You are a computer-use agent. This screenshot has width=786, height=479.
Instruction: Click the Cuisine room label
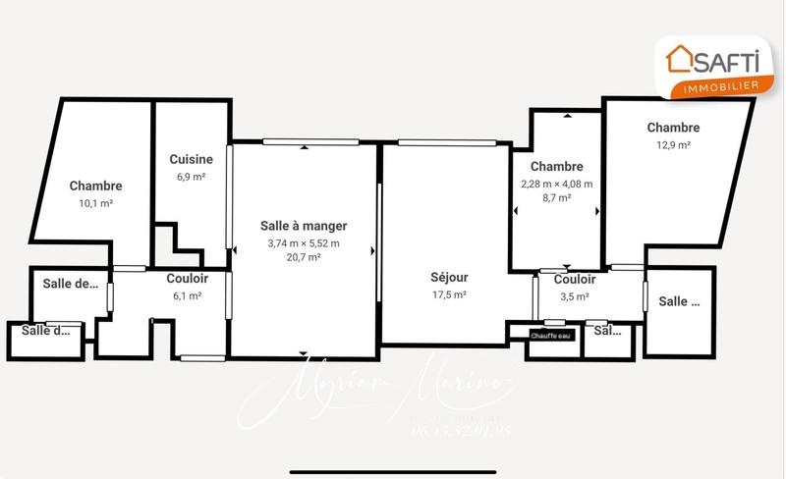[192, 159]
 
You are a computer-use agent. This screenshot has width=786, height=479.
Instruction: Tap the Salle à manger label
[304, 226]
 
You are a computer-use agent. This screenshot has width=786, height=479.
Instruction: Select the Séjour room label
[449, 277]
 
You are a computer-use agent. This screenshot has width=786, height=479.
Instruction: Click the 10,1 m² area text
[95, 204]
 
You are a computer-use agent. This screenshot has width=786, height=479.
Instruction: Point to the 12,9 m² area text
[673, 145]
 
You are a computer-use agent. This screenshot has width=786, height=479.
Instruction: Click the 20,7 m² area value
[304, 257]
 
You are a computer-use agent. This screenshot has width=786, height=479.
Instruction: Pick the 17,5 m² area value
[449, 294]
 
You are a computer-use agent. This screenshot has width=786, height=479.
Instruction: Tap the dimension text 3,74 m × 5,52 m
[304, 242]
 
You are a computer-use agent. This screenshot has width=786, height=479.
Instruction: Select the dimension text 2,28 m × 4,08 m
[556, 184]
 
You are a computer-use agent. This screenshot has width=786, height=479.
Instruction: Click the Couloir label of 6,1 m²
[187, 279]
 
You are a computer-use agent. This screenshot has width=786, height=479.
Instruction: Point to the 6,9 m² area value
[192, 177]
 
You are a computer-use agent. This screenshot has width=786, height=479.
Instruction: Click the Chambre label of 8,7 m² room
[556, 167]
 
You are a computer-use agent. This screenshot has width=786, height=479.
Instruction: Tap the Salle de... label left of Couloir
[70, 285]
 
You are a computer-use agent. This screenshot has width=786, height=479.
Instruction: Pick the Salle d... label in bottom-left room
[46, 331]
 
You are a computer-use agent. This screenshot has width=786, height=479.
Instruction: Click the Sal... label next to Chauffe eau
[608, 331]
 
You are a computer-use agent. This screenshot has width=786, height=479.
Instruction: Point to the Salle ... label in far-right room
[679, 302]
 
